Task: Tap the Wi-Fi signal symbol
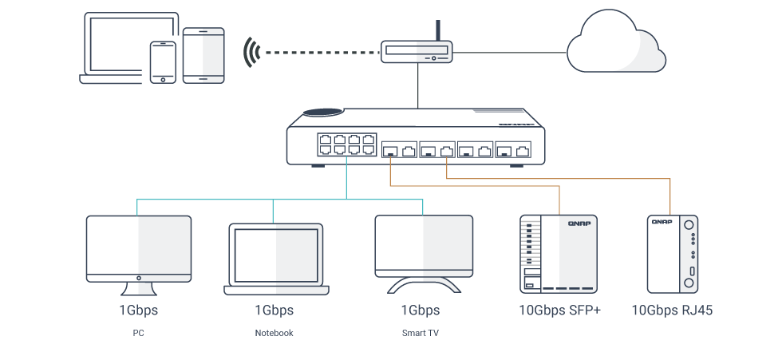(253, 53)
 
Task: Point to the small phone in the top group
(163, 61)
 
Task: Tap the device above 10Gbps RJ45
(671, 252)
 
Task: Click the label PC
(138, 333)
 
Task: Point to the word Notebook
(274, 333)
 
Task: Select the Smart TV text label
(420, 333)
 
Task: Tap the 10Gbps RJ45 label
(672, 310)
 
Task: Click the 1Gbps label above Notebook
(274, 310)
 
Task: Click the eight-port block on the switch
(346, 144)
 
